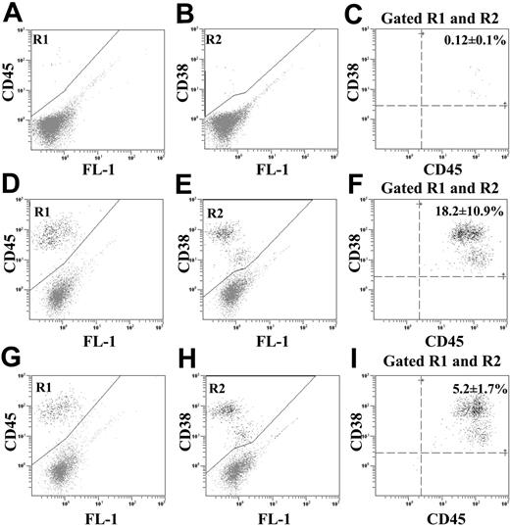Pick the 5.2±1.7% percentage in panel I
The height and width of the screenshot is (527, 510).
(x=467, y=389)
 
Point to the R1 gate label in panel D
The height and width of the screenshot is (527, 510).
(x=43, y=211)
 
